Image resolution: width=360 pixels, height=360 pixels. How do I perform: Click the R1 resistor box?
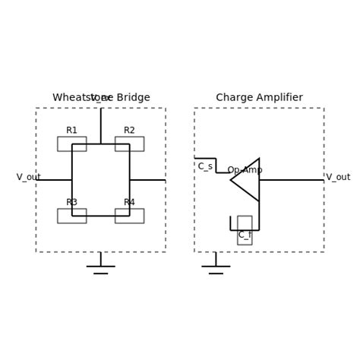71,144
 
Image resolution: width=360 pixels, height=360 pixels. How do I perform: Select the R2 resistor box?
129,144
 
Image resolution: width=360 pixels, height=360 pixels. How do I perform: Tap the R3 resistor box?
71,216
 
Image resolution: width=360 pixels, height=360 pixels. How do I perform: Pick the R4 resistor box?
129,216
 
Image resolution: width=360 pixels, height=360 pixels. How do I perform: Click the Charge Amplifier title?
259,98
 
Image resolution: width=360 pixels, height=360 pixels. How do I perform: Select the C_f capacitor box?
245,230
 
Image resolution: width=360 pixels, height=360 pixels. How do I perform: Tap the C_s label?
205,166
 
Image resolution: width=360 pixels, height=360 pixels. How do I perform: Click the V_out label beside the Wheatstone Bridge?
29,177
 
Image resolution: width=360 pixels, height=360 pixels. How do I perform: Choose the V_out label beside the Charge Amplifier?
338,177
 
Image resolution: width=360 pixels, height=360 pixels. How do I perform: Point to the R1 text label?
71,131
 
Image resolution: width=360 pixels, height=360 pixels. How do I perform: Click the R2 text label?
129,131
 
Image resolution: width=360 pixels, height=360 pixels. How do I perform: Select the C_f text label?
245,235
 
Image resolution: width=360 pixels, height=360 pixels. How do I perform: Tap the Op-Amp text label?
245,170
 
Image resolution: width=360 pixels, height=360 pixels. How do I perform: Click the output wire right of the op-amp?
292,180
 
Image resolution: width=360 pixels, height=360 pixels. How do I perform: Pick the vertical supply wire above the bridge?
100,125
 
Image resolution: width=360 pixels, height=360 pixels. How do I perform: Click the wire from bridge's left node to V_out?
55,180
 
